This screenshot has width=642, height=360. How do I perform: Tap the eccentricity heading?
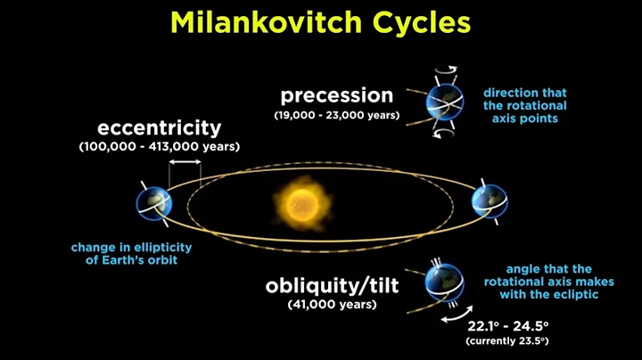click(160, 127)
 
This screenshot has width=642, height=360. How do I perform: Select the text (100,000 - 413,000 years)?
click(160, 146)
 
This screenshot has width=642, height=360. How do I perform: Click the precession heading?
click(336, 94)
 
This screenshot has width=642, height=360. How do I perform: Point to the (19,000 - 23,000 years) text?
click(336, 114)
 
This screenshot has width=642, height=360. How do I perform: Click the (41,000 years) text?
click(332, 305)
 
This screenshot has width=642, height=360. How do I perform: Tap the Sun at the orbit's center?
click(301, 202)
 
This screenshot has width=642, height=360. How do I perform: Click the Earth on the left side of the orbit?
click(152, 202)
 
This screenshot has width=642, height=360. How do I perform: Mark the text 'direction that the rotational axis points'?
click(524, 104)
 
